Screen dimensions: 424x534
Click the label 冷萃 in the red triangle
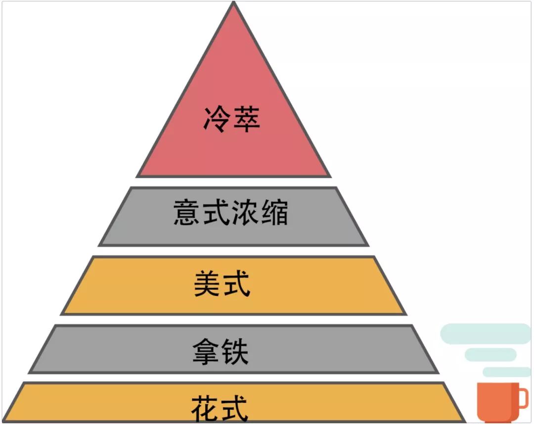[231, 120]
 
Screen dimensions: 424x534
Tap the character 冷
[217, 120]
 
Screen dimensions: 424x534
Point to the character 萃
[246, 120]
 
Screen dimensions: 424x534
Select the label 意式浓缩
[231, 213]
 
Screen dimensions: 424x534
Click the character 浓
[245, 213]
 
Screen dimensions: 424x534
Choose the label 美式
[222, 284]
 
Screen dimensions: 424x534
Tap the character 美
[207, 284]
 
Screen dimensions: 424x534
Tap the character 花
[205, 409]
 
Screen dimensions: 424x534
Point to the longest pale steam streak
[485, 334]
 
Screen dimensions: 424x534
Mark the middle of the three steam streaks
[490, 354]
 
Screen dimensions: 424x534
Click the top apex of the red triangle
[233, 4]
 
